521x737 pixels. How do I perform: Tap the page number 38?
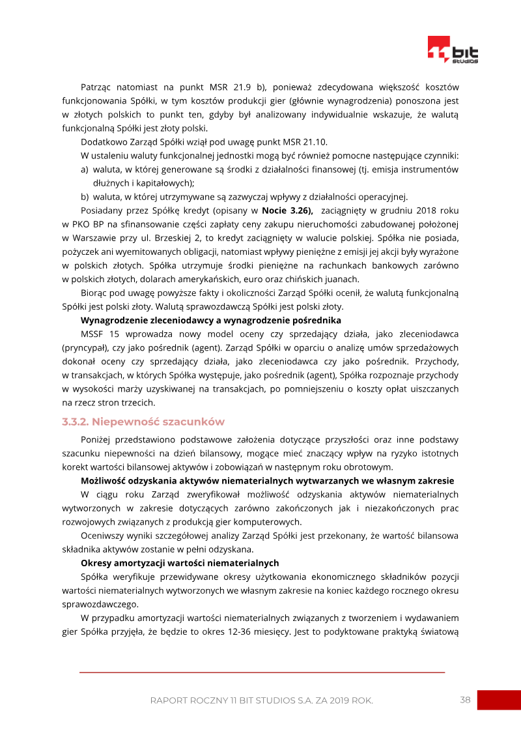click(465, 700)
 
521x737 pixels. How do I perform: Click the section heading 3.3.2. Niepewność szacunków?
click(143, 422)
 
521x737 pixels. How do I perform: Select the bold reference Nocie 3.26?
click(287, 210)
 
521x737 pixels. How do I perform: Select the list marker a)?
click(85, 169)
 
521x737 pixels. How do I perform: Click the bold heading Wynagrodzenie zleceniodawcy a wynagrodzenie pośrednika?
click(210, 320)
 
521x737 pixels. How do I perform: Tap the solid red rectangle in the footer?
click(498, 700)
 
